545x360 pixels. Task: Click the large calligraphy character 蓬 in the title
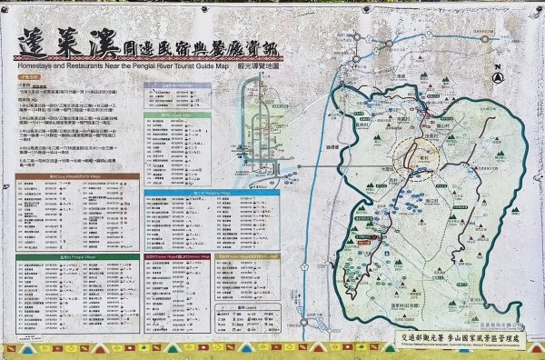[x=35, y=39]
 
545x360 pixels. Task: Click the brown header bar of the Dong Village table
[x=77, y=177]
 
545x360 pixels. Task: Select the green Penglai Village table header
[x=77, y=256]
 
